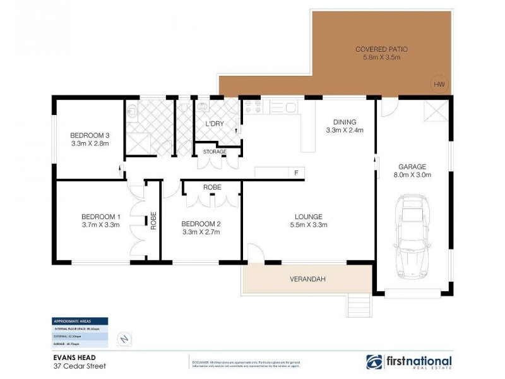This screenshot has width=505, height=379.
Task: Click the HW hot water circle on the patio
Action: coord(439,84)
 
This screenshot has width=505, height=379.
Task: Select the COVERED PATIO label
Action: coord(378,49)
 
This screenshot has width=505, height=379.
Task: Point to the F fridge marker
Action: coord(295,172)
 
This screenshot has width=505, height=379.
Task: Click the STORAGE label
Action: coord(215,152)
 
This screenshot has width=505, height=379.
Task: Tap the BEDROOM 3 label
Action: coord(90,135)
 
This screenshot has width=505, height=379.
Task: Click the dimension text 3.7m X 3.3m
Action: coord(100,224)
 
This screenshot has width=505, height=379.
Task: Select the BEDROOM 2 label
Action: coord(201,224)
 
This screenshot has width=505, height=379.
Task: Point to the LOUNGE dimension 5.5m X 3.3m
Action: coord(308,224)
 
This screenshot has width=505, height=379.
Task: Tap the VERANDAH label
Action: coord(307,279)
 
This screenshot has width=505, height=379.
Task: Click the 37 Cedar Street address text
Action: coord(79,366)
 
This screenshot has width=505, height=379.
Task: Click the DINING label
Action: coord(345,122)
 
